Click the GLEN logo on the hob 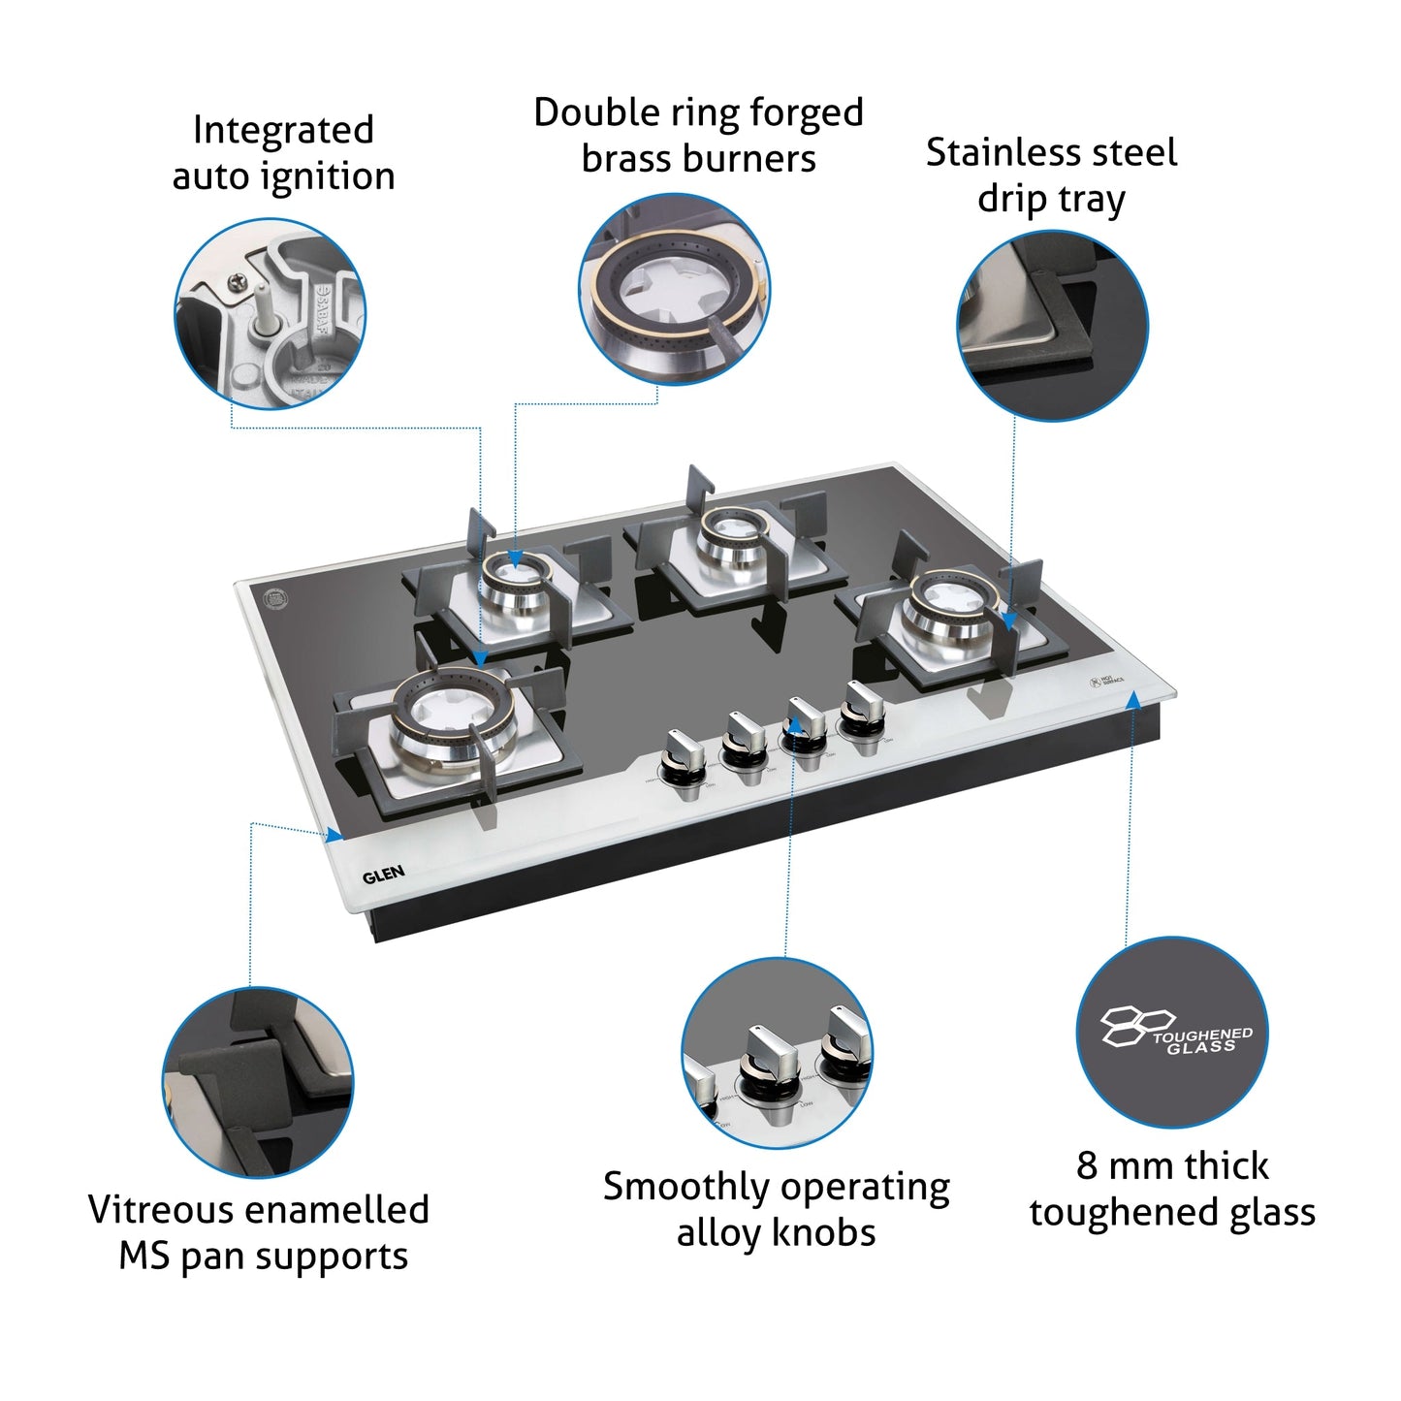click(383, 876)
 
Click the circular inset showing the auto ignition click(270, 314)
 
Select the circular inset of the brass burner click(675, 288)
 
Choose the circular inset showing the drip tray click(1053, 327)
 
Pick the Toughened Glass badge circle click(1172, 1033)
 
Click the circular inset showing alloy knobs click(777, 1053)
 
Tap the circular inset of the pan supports click(258, 1083)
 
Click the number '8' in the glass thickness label click(1086, 1165)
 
